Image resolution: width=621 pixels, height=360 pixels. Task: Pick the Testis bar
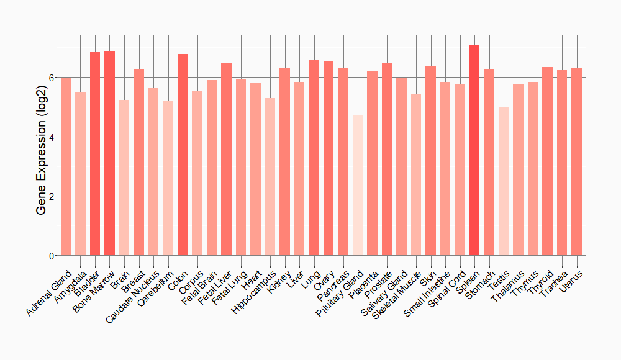[x=504, y=181]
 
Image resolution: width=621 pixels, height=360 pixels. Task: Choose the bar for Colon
[x=183, y=155]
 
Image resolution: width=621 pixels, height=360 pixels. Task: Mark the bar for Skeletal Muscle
[x=416, y=174]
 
